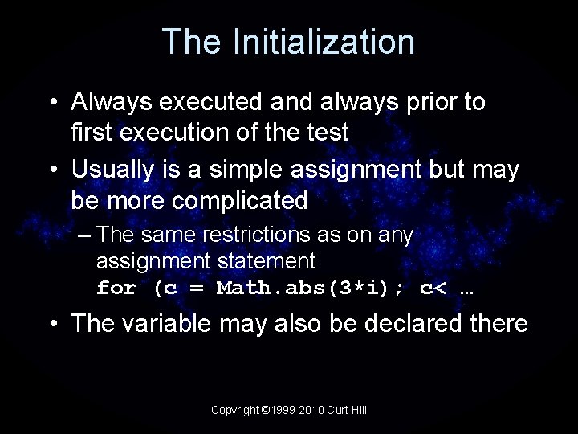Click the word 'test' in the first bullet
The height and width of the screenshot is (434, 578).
click(327, 132)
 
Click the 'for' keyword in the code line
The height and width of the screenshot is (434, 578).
click(116, 288)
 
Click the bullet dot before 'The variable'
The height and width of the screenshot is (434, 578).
click(52, 324)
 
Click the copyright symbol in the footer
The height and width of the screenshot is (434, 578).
click(266, 410)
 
